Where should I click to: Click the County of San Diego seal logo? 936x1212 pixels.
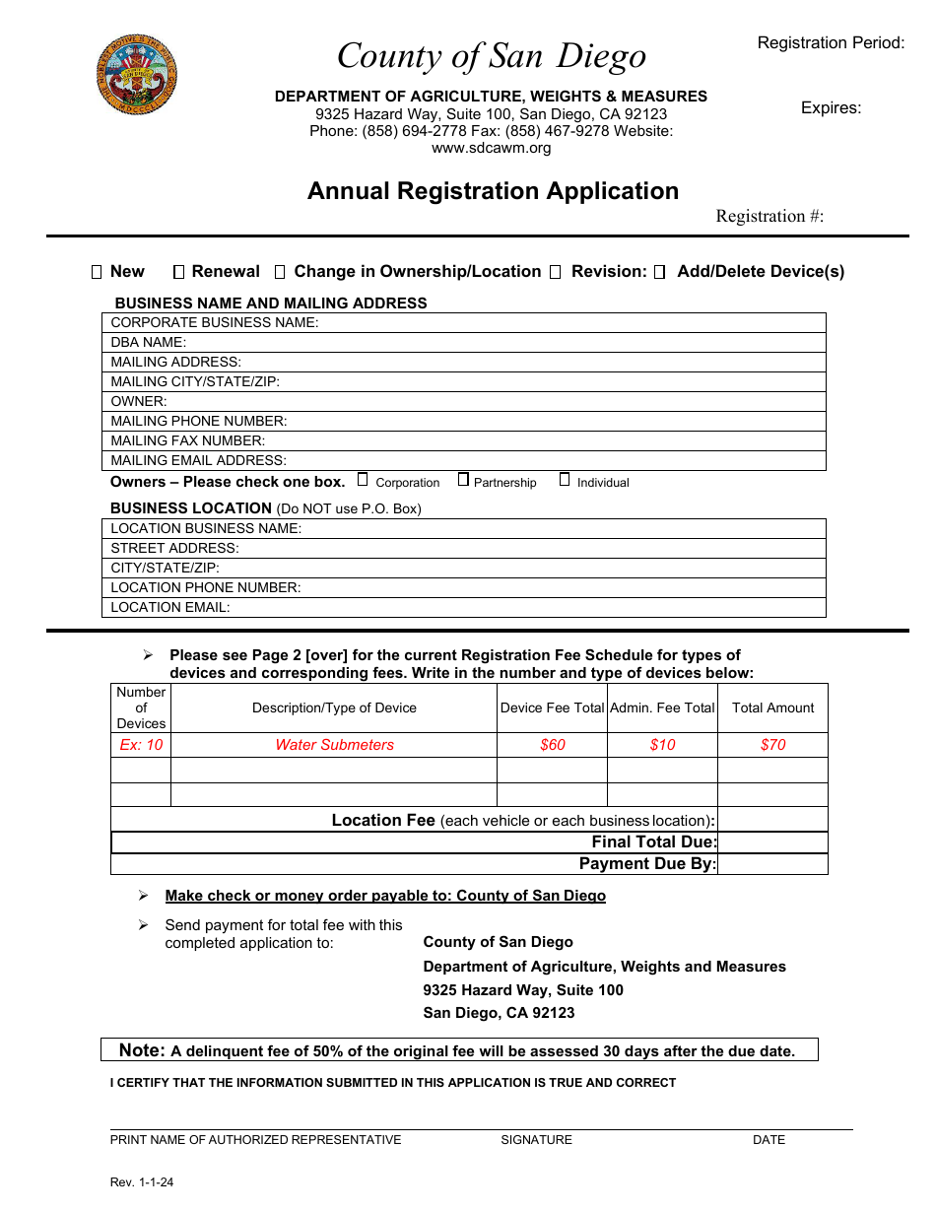click(137, 75)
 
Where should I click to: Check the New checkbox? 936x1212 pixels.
click(97, 272)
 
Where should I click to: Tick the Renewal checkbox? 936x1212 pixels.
click(178, 272)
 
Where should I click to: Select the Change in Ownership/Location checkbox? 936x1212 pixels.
click(280, 272)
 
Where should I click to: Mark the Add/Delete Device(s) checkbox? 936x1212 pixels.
click(660, 272)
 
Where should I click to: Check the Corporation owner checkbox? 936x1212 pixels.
click(363, 480)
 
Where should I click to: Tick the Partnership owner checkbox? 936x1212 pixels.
click(463, 480)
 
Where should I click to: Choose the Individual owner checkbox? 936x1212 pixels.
click(565, 480)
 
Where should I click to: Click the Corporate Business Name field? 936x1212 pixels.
click(571, 323)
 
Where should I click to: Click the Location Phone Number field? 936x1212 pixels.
click(562, 588)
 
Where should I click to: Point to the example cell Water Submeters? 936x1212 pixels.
click(334, 745)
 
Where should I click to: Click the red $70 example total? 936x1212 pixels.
click(772, 745)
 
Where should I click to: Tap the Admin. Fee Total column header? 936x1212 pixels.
click(662, 708)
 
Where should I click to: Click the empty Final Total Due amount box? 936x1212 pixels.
click(772, 842)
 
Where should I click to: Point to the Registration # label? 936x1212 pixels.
click(769, 217)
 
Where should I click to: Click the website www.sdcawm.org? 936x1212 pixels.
click(491, 148)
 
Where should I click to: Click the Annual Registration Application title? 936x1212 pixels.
click(493, 191)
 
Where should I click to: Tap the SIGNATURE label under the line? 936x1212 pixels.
click(536, 1140)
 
